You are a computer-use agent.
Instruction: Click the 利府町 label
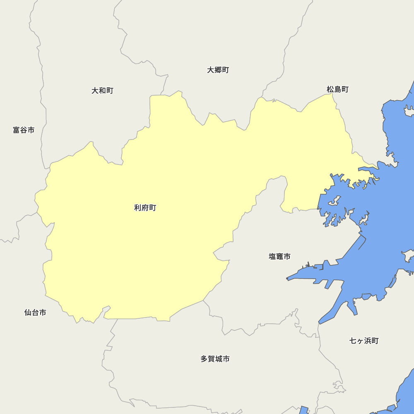pyautogui.click(x=145, y=208)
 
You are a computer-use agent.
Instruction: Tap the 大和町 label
pyautogui.click(x=102, y=91)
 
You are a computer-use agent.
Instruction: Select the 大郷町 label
pyautogui.click(x=218, y=70)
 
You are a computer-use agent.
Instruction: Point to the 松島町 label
pyautogui.click(x=337, y=89)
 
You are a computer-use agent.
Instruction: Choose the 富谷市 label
pyautogui.click(x=24, y=130)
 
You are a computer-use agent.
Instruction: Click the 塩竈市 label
pyautogui.click(x=279, y=257)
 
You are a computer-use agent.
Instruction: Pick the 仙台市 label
pyautogui.click(x=35, y=313)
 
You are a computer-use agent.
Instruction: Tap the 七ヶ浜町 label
pyautogui.click(x=364, y=341)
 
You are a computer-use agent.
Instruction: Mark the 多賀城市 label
pyautogui.click(x=215, y=359)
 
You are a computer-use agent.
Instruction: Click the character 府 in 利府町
pyautogui.click(x=145, y=208)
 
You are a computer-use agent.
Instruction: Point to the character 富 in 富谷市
pyautogui.click(x=17, y=130)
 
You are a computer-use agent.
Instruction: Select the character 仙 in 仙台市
pyautogui.click(x=28, y=313)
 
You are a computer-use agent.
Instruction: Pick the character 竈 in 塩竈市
pyautogui.click(x=279, y=257)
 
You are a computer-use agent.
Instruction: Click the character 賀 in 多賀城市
pyautogui.click(x=211, y=359)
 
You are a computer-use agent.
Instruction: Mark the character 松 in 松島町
pyautogui.click(x=330, y=89)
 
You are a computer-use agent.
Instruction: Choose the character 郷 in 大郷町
pyautogui.click(x=218, y=70)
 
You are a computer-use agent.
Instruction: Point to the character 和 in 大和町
pyautogui.click(x=102, y=91)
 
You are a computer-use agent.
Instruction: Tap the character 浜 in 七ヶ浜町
pyautogui.click(x=368, y=341)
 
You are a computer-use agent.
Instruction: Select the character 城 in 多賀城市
pyautogui.click(x=219, y=359)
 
